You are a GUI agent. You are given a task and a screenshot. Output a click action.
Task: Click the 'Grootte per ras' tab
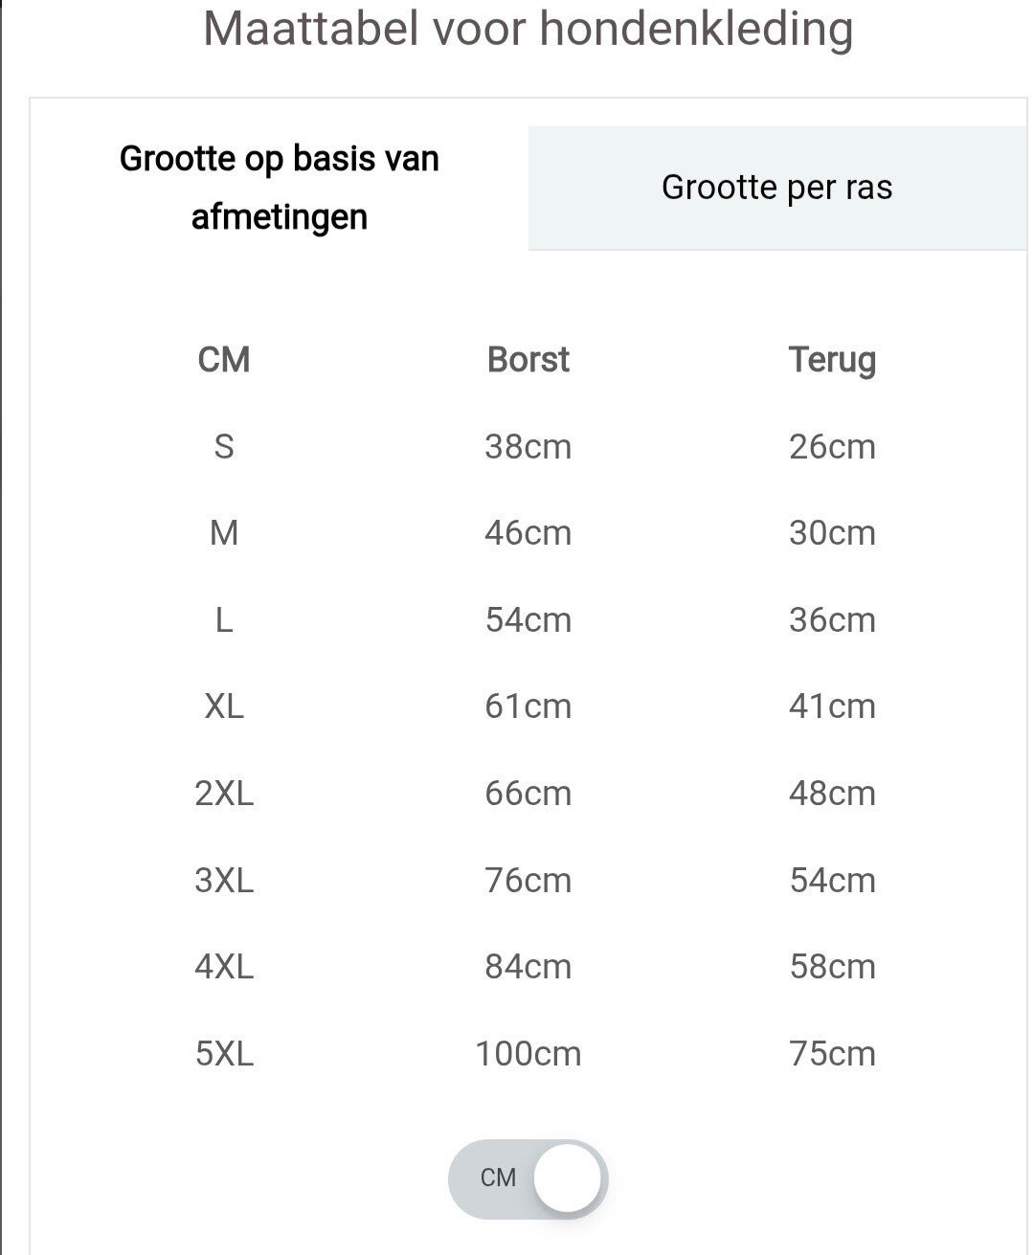(776, 188)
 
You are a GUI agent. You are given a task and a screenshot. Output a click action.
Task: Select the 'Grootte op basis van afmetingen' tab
(279, 188)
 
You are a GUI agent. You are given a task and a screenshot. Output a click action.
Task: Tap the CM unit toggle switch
(528, 1178)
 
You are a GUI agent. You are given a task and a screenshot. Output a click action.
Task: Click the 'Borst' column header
(528, 360)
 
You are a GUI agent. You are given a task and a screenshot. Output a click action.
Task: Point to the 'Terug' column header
(832, 360)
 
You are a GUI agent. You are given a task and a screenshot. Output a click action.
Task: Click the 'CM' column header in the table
(224, 360)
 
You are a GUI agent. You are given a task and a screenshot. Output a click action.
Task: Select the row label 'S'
(224, 447)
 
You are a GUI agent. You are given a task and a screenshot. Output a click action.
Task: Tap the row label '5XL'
(224, 1054)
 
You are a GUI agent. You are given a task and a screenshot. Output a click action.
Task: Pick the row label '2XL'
(224, 794)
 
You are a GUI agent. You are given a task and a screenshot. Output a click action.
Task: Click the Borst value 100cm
(528, 1054)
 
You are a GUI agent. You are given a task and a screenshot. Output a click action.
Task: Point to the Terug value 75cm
(832, 1054)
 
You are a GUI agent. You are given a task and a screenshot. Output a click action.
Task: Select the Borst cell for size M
(528, 533)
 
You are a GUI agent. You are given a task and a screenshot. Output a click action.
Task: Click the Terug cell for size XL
(832, 706)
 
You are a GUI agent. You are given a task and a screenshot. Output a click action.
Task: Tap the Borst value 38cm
(528, 447)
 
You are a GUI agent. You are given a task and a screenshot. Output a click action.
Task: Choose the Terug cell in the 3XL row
(832, 881)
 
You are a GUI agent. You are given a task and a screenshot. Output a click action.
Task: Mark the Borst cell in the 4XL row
(528, 967)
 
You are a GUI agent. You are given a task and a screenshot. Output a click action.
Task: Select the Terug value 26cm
(832, 447)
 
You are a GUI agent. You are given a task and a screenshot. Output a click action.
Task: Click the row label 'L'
(224, 620)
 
